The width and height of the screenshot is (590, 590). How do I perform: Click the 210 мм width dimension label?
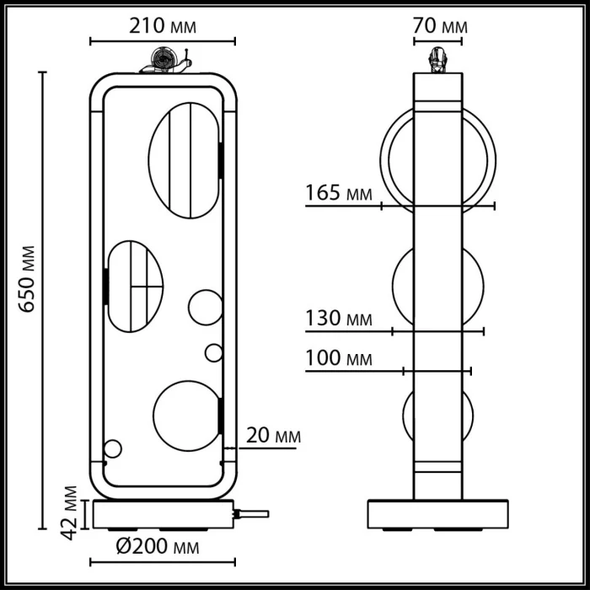pyautogui.click(x=163, y=26)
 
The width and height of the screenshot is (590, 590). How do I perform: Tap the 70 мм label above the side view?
pyautogui.click(x=438, y=26)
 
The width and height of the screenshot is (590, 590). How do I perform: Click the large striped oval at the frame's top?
pyautogui.click(x=184, y=160)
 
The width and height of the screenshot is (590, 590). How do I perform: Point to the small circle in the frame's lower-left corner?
pyautogui.click(x=112, y=449)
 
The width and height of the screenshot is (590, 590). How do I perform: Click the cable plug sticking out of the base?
pyautogui.click(x=254, y=512)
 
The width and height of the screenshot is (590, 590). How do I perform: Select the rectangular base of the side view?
pyautogui.click(x=437, y=514)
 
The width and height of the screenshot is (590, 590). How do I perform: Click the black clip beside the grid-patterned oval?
pyautogui.click(x=106, y=287)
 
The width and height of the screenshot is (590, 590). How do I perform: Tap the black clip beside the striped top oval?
pyautogui.click(x=220, y=160)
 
